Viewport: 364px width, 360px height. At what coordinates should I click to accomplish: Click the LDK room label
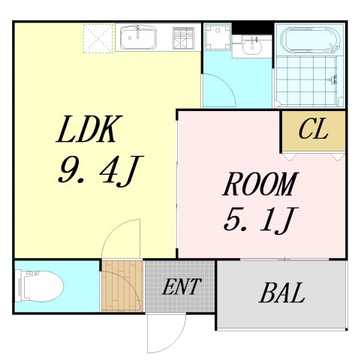[x=89, y=131]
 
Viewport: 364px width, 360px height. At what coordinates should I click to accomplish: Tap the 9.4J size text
[x=98, y=172]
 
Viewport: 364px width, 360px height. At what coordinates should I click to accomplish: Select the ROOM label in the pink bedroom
[x=260, y=184]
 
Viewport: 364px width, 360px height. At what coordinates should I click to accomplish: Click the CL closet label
[x=312, y=130]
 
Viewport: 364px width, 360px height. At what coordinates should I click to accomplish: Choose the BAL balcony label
[x=282, y=293]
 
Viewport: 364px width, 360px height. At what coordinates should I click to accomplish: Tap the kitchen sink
[x=138, y=36]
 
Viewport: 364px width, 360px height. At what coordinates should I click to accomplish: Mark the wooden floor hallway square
[x=122, y=285]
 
